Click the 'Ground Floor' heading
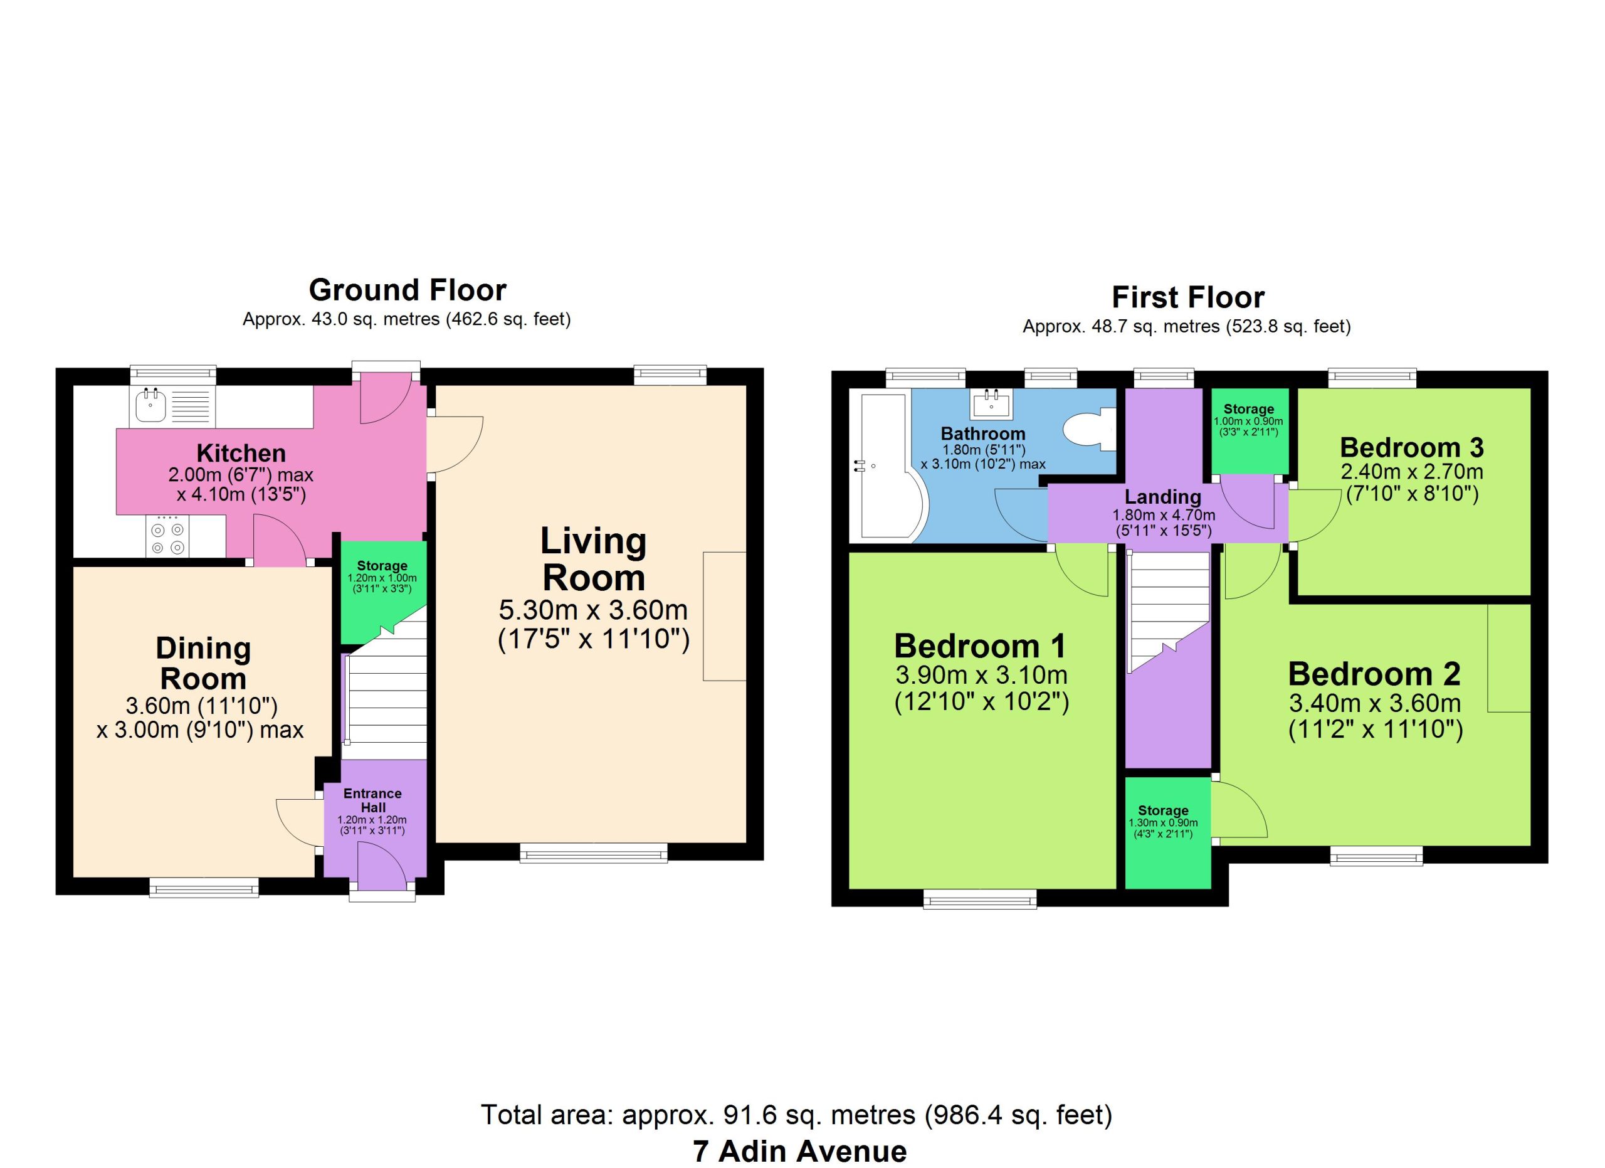(407, 290)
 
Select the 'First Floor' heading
(1187, 297)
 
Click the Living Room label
(594, 560)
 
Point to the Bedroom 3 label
(1411, 447)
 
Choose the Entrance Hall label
(373, 800)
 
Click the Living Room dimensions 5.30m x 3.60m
(593, 610)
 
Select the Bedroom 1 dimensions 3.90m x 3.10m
(982, 676)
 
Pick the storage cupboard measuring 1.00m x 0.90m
(1249, 430)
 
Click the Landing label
(1163, 497)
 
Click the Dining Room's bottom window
(204, 888)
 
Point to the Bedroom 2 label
(1374, 674)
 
